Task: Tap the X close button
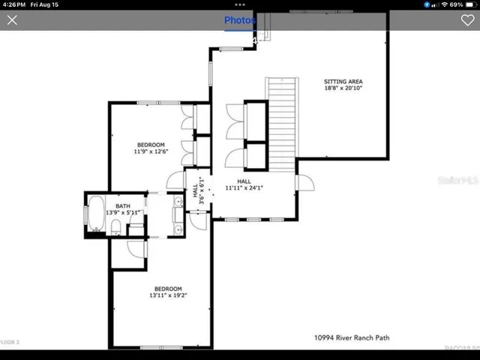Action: pos(12,20)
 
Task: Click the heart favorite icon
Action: pos(467,20)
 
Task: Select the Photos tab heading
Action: pos(240,20)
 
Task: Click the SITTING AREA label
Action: pos(343,81)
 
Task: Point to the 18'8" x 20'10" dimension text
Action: pos(343,88)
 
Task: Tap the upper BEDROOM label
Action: pos(150,145)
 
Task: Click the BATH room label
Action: pos(123,205)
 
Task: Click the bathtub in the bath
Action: pos(96,214)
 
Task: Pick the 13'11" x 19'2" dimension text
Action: pos(168,295)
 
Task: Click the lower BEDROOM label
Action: pos(168,289)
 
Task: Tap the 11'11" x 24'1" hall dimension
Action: pos(244,188)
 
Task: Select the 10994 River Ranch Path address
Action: pos(352,338)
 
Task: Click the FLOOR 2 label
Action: pos(9,342)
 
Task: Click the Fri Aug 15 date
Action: pos(46,4)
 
